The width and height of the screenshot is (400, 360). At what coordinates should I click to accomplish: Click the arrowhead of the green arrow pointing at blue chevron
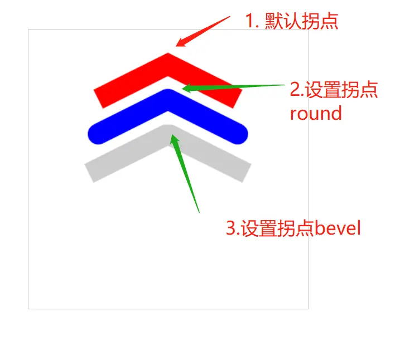click(x=186, y=88)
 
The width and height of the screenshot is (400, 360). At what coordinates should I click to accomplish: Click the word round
click(x=315, y=114)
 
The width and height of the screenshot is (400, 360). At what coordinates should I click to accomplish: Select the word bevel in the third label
click(x=338, y=228)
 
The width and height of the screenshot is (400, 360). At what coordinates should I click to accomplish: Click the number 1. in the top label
click(x=251, y=22)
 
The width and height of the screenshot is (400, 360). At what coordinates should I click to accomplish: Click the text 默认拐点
click(x=301, y=22)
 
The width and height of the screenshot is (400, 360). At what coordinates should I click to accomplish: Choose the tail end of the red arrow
click(x=229, y=17)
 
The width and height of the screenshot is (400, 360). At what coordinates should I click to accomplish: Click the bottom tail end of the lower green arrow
click(x=199, y=212)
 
